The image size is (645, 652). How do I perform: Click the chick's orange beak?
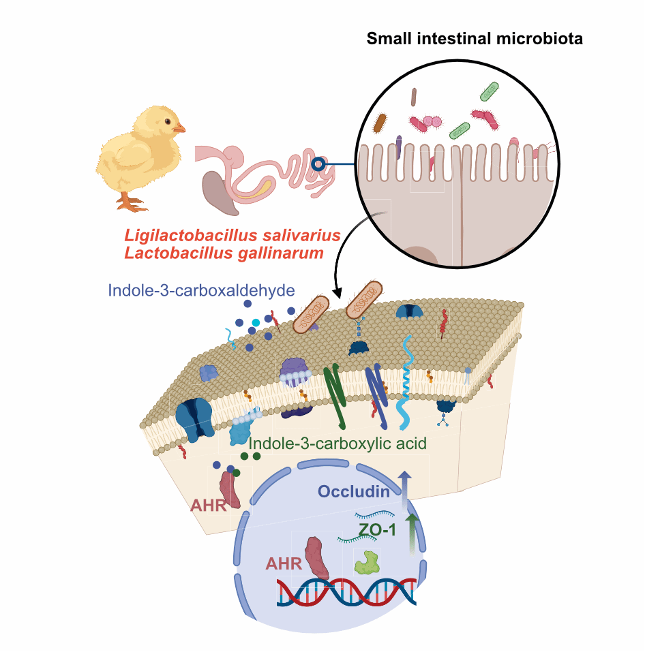coord(179,128)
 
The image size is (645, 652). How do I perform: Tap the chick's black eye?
coord(167,122)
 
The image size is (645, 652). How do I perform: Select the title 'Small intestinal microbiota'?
coord(475,39)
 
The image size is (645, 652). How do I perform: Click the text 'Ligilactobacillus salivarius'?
coord(232,236)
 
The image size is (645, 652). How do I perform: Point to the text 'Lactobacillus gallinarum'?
coord(223,253)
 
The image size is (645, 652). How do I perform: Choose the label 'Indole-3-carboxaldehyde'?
coord(201,291)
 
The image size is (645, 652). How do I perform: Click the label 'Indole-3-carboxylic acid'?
coord(337,444)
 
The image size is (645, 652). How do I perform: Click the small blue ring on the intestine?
coord(317,164)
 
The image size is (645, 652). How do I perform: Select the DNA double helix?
coord(346,593)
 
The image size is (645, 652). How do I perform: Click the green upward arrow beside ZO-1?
coord(411,535)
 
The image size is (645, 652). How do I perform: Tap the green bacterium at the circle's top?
coord(490,91)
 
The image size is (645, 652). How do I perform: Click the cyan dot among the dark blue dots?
coord(256,322)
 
